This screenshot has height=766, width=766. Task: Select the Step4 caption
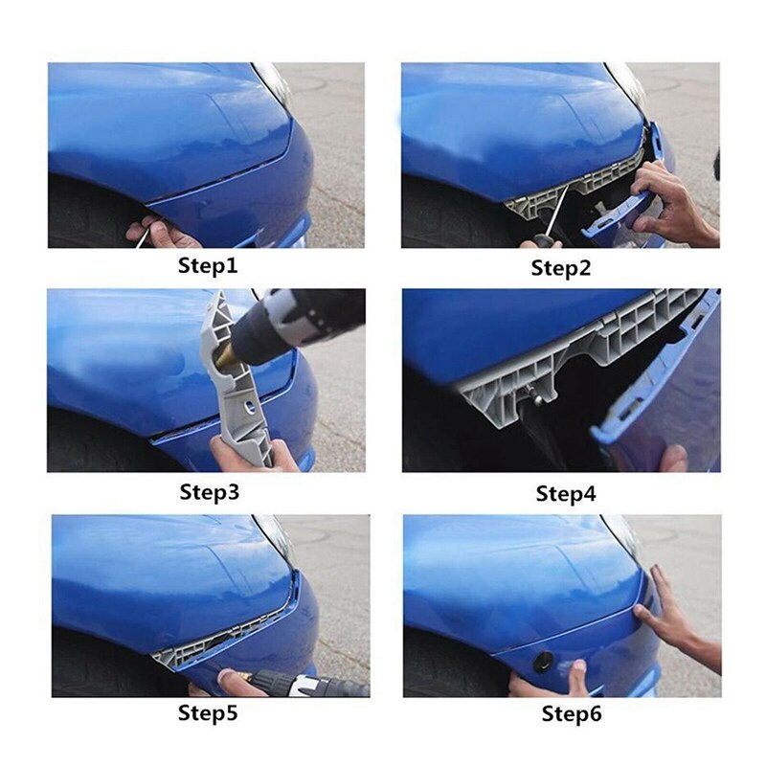[565, 494]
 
